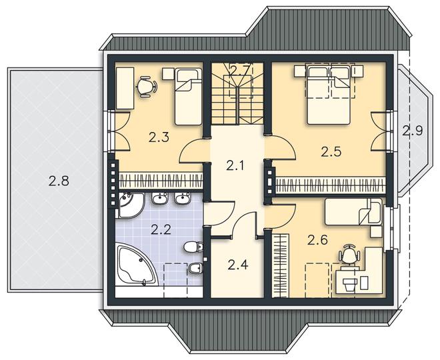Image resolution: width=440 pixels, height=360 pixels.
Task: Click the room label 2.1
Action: pos(235,166)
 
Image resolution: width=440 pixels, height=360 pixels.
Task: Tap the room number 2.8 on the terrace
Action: pos(59,181)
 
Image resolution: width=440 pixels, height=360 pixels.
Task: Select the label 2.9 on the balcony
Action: pos(413,131)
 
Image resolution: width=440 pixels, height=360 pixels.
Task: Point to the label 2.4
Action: pos(238,265)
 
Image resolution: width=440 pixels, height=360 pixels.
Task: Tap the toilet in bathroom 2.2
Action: pos(193,247)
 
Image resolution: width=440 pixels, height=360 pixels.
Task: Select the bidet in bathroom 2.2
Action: pos(195,268)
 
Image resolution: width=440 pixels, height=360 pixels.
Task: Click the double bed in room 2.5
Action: pos(329,95)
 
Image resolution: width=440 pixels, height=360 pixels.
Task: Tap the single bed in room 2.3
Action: pos(188,97)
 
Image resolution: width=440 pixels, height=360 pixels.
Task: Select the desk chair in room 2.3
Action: pos(146,87)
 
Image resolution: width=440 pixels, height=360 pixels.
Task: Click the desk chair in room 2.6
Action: pos(349,253)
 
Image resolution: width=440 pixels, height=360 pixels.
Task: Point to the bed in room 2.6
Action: pos(354,212)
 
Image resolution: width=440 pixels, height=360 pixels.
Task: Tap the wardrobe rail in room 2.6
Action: pos(281,266)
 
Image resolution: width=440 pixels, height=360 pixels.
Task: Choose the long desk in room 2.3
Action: pos(125,88)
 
